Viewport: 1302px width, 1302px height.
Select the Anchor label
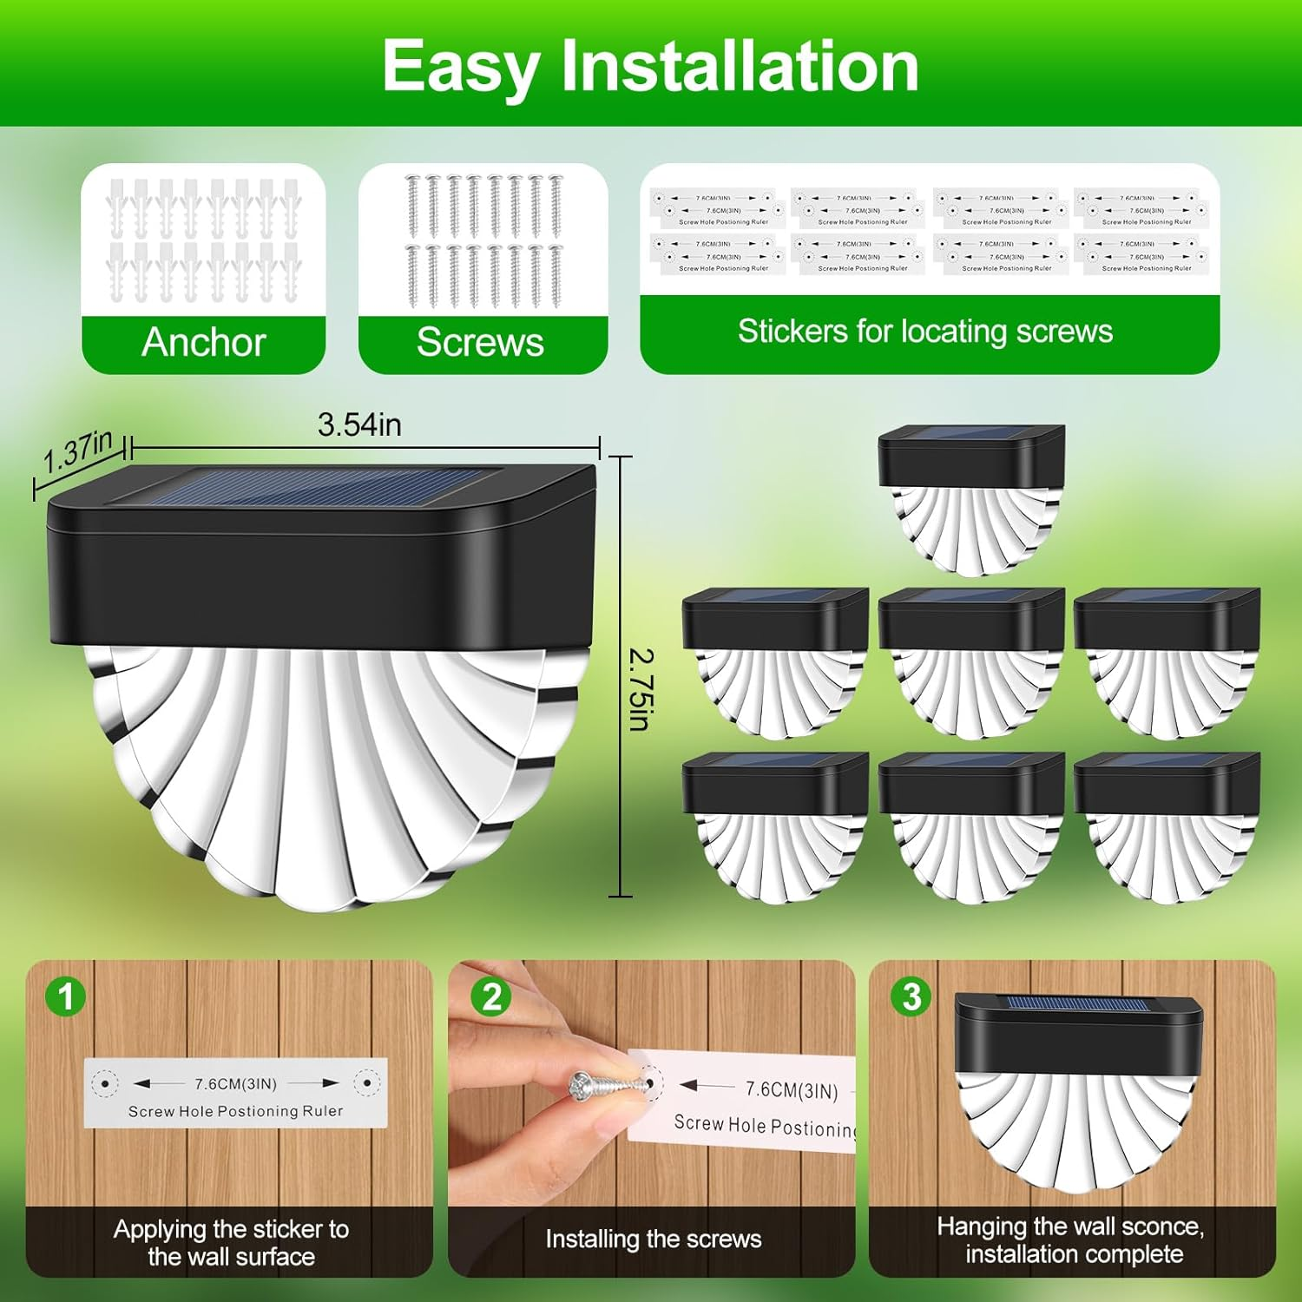pyautogui.click(x=203, y=342)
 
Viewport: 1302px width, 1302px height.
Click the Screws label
pyautogui.click(x=480, y=342)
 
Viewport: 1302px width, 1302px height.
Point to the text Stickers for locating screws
pyautogui.click(x=925, y=332)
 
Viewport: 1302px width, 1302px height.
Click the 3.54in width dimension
pyautogui.click(x=359, y=424)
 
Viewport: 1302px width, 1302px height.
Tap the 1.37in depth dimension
pyautogui.click(x=78, y=451)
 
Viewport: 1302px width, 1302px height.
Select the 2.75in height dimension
pyautogui.click(x=641, y=690)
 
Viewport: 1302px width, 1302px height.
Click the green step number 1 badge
pyautogui.click(x=66, y=996)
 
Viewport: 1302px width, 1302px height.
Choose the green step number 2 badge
pyautogui.click(x=490, y=997)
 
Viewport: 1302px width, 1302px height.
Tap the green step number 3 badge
pyautogui.click(x=911, y=996)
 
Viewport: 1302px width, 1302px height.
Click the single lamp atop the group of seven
pyautogui.click(x=971, y=499)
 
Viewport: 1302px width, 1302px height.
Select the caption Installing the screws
pyautogui.click(x=653, y=1239)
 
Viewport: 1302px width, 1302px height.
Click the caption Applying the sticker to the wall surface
pyautogui.click(x=231, y=1243)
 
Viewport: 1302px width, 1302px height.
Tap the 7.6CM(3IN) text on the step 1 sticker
pyautogui.click(x=235, y=1084)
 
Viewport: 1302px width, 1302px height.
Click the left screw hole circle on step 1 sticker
pyautogui.click(x=106, y=1083)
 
